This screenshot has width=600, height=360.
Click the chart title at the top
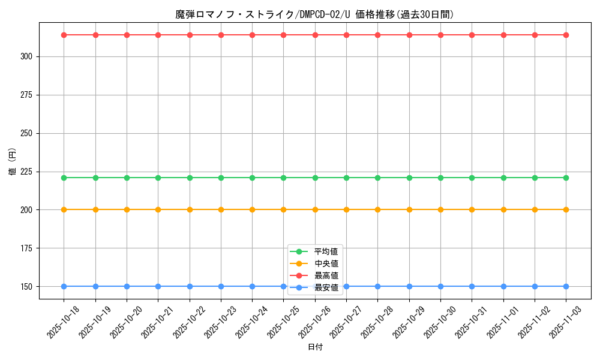[314, 14]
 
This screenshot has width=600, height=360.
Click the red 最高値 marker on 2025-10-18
[64, 35]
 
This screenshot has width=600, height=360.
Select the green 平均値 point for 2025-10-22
[190, 178]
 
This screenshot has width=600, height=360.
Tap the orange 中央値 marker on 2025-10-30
[440, 209]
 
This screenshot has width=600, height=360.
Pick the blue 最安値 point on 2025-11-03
[566, 286]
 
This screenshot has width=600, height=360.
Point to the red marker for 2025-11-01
[503, 35]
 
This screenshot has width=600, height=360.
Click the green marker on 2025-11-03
[566, 178]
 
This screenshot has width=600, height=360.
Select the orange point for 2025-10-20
[127, 209]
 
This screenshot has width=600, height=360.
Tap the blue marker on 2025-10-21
[158, 286]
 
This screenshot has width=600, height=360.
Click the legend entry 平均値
[326, 251]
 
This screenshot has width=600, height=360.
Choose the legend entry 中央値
[326, 263]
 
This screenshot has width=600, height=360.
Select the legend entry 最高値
[326, 275]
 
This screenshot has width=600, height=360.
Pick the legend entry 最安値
[326, 287]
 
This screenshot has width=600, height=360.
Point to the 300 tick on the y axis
[28, 56]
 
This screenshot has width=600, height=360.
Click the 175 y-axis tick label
[28, 248]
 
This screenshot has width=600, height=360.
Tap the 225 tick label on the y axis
[28, 172]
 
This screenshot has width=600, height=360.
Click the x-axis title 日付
[315, 347]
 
